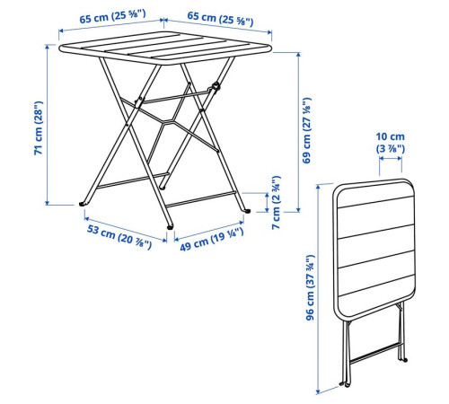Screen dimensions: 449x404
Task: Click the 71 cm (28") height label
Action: [x=39, y=128]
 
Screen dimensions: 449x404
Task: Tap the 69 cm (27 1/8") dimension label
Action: [x=307, y=130]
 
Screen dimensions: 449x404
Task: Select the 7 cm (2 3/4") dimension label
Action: [x=276, y=203]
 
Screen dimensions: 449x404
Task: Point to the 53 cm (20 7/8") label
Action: [x=119, y=237]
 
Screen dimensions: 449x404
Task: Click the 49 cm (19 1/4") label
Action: [x=212, y=240]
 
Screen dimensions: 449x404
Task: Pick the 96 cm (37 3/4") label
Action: [x=310, y=287]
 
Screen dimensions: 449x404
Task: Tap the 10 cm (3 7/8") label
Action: [x=391, y=143]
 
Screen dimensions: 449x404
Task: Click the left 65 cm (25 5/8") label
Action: [x=112, y=16]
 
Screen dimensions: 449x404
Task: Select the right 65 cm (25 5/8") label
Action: [x=220, y=18]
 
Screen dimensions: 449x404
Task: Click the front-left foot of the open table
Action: [x=83, y=204]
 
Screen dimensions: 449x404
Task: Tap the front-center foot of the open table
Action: [x=170, y=227]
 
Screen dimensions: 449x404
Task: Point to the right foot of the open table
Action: [x=247, y=211]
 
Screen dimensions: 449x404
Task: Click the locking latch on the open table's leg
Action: [x=216, y=87]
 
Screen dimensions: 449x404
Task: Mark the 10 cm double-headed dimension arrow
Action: [x=391, y=159]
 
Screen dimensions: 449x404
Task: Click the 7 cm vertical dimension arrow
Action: [x=267, y=203]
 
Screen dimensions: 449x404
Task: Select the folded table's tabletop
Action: [x=374, y=248]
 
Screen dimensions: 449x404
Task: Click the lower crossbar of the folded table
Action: [x=374, y=354]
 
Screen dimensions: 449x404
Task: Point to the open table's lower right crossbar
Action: [x=200, y=199]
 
